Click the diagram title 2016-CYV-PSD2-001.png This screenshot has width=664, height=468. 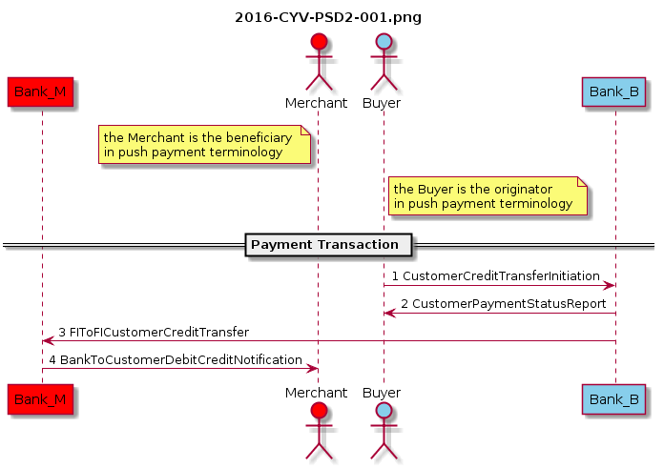click(327, 17)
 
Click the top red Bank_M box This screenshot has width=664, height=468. click(40, 92)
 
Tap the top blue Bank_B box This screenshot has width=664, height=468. click(614, 92)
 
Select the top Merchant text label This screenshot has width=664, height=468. click(316, 102)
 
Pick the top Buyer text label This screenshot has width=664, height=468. click(382, 102)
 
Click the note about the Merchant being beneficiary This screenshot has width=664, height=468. click(205, 145)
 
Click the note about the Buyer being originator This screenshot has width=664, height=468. click(487, 196)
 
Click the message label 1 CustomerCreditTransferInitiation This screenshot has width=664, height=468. click(495, 275)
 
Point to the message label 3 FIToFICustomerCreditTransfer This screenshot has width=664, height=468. click(154, 332)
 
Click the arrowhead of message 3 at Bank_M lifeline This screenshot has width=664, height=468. click(47, 341)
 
